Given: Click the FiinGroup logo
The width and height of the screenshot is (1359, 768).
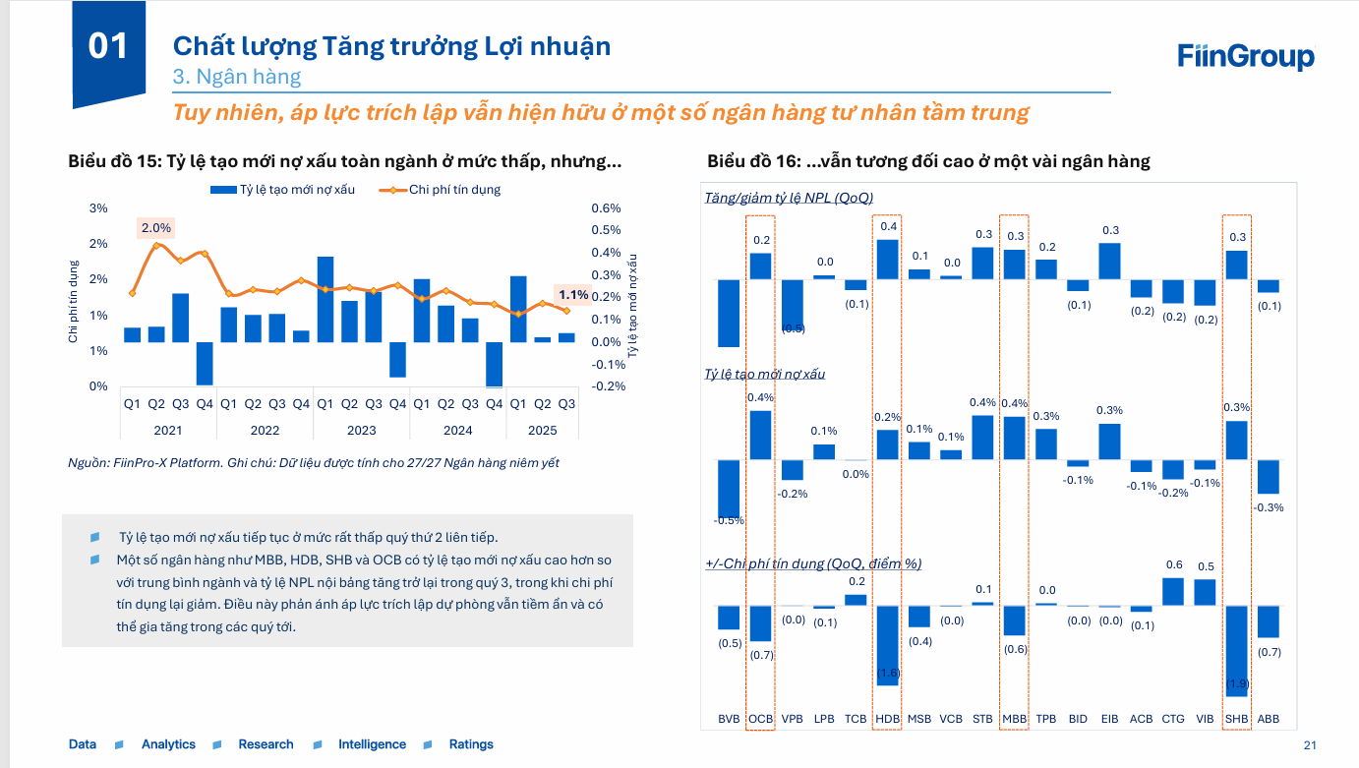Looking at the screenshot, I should (1245, 57).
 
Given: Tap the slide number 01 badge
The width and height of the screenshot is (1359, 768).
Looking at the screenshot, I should (109, 46).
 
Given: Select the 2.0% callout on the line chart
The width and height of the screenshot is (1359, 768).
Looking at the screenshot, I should (156, 228).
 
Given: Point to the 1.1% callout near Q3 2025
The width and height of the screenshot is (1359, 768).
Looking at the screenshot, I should (573, 294).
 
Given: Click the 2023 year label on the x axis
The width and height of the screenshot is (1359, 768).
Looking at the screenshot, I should (361, 430).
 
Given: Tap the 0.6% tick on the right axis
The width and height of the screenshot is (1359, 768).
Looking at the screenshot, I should (606, 208).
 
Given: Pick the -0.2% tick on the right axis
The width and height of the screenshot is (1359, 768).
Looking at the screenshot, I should (609, 386).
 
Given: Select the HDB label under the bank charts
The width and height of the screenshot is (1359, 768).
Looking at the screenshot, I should (887, 719).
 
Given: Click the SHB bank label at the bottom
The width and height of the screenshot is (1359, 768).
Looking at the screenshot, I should (1236, 719).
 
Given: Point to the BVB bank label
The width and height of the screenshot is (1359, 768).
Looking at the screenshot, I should (729, 719).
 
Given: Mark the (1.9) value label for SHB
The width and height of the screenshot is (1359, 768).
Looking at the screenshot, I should (1236, 683).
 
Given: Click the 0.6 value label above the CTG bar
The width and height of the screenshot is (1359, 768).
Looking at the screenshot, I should (1174, 564).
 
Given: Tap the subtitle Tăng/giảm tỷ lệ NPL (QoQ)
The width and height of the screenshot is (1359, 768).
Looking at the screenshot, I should (789, 198).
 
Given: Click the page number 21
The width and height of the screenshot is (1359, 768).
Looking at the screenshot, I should (1309, 744).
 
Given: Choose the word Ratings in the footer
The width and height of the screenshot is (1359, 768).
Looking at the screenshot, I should (471, 744).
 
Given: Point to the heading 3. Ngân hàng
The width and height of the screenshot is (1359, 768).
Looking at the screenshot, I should (237, 76).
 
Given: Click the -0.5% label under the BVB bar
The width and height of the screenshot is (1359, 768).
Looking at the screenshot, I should (729, 520).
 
